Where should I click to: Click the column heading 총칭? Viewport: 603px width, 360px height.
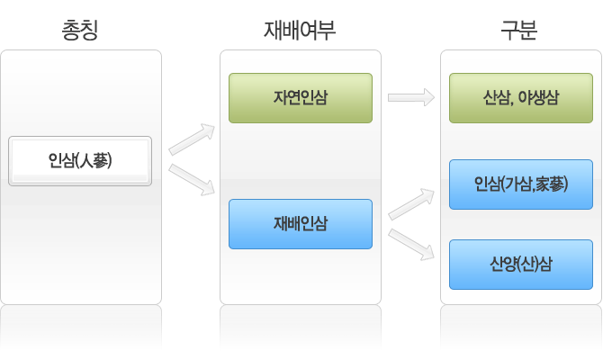point(80,30)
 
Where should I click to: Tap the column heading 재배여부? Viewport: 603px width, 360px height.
point(300,30)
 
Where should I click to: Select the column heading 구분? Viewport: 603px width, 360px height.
point(518,30)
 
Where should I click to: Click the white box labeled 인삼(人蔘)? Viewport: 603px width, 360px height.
point(80,161)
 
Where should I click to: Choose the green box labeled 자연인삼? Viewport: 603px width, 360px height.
point(301,98)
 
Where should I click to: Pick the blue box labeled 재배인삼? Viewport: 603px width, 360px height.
point(301,224)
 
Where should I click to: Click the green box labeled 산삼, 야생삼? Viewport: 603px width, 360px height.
point(521,98)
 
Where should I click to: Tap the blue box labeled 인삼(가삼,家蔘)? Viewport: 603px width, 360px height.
point(521,184)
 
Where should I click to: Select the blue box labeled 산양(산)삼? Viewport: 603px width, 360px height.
point(521,265)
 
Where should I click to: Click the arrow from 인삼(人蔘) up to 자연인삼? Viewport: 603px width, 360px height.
point(192,139)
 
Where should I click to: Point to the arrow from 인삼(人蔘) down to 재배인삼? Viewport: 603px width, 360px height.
point(192,180)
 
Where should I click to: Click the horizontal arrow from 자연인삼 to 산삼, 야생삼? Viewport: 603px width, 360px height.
point(411,97)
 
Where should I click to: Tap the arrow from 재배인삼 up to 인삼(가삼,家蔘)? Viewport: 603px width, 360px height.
point(411,204)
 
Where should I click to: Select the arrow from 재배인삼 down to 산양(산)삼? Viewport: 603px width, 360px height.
point(411,245)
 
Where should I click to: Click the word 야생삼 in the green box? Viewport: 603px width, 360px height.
point(538,98)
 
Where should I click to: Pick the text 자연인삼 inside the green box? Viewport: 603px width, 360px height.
point(301,98)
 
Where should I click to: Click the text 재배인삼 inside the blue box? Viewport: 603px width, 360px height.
point(301,223)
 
